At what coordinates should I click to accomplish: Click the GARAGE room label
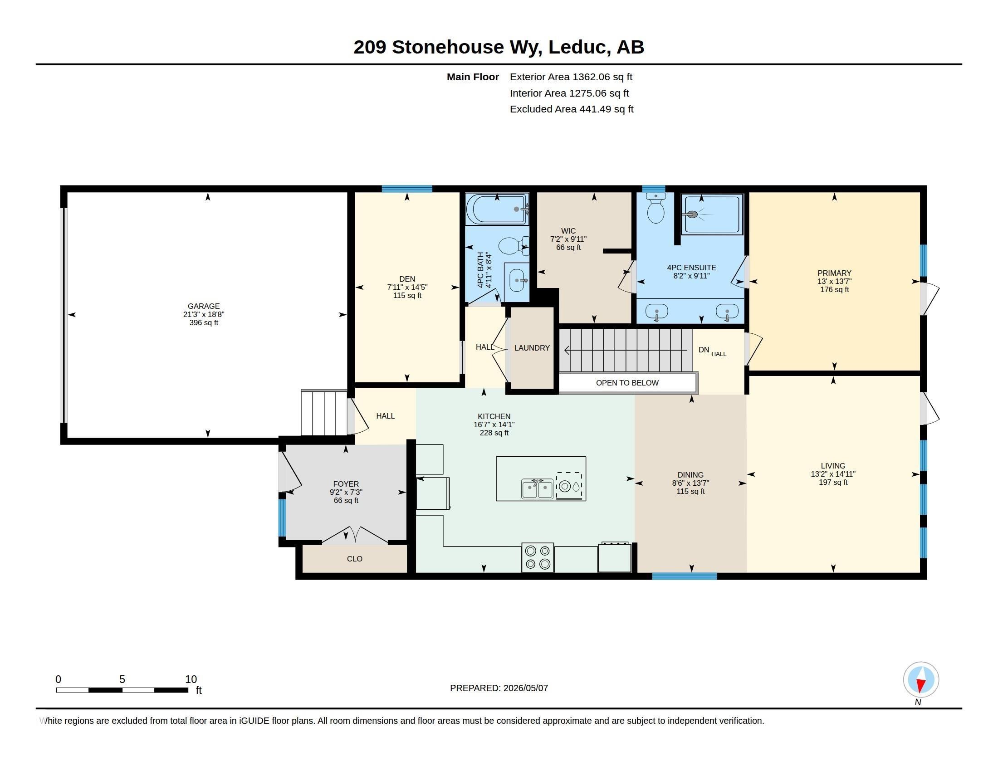pyautogui.click(x=203, y=306)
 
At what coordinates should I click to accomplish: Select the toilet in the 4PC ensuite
pyautogui.click(x=656, y=208)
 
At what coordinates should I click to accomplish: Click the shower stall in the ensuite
pyautogui.click(x=711, y=214)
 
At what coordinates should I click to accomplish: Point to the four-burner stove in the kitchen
pyautogui.click(x=538, y=557)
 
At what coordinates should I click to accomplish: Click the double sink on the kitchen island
pyautogui.click(x=538, y=488)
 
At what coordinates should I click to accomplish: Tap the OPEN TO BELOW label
pyautogui.click(x=627, y=383)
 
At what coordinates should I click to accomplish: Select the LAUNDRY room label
pyautogui.click(x=532, y=347)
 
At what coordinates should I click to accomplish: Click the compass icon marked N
pyautogui.click(x=921, y=680)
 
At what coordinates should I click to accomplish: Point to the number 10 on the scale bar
pyautogui.click(x=191, y=679)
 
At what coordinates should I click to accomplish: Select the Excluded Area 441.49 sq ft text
pyautogui.click(x=572, y=109)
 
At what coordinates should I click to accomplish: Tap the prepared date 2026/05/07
pyautogui.click(x=525, y=688)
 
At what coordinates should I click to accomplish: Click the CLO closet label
pyautogui.click(x=355, y=559)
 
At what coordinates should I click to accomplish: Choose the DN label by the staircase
pyautogui.click(x=704, y=350)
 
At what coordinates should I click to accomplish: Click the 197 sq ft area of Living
pyautogui.click(x=833, y=483)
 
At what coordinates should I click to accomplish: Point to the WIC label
pyautogui.click(x=568, y=231)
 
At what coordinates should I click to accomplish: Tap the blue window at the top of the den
pyautogui.click(x=407, y=189)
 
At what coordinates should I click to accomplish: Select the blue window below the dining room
pyautogui.click(x=684, y=576)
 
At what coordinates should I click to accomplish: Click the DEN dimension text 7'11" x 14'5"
pyautogui.click(x=407, y=287)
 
